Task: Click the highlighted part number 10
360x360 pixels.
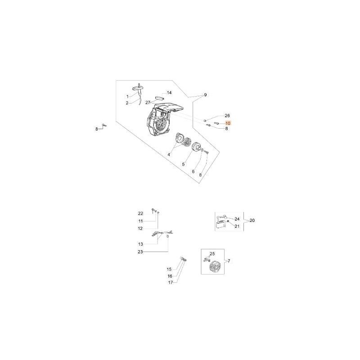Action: coord(228,123)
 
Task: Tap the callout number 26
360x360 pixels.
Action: coord(227,116)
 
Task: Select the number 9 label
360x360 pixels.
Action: coord(205,95)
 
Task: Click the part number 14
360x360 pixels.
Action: coord(169,93)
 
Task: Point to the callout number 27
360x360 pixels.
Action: coord(147,102)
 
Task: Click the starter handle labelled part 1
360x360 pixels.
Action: coord(139,87)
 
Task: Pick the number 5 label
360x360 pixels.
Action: coord(183,164)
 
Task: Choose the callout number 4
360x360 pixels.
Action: coord(169,154)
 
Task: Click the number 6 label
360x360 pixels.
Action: coord(193,171)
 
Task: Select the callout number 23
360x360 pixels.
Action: coord(140,252)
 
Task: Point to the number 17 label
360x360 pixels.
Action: coord(170,283)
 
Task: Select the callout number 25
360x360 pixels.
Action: coord(212,254)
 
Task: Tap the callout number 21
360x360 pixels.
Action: coord(237,226)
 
